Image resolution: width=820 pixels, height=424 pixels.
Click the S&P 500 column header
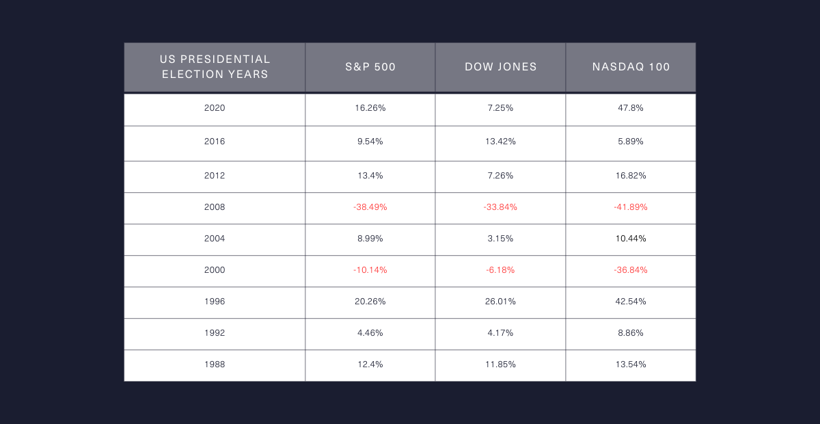coord(370,67)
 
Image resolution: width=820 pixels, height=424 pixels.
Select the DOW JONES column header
coord(501,67)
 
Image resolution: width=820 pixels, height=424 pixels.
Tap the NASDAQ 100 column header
coord(631,67)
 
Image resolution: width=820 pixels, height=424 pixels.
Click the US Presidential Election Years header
coord(215,67)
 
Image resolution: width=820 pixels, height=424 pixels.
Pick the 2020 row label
coord(215,108)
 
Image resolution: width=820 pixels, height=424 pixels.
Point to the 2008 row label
coord(215,207)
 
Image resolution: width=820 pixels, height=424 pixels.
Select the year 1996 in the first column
coord(215,302)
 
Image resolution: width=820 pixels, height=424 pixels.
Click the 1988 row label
coord(215,365)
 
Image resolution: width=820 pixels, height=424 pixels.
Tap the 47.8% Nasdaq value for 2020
coord(631,108)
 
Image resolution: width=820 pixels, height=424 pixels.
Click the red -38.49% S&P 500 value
coord(370,207)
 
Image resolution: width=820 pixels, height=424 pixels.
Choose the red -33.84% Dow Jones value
coord(501,207)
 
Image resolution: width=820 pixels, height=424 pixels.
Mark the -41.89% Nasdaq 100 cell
coord(631,207)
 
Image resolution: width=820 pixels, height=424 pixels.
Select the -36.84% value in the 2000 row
coord(631,270)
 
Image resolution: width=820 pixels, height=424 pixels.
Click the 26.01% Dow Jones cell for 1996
coord(501,302)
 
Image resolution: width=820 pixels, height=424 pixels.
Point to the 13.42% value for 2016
coord(501,142)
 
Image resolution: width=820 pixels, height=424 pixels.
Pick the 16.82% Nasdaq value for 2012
coord(631,176)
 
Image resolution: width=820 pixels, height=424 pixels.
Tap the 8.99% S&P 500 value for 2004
coord(370,239)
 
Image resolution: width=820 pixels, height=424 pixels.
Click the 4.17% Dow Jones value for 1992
coord(501,333)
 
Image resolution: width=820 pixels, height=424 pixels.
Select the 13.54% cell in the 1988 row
coord(631,365)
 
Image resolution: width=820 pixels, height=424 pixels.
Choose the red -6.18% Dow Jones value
coord(501,270)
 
